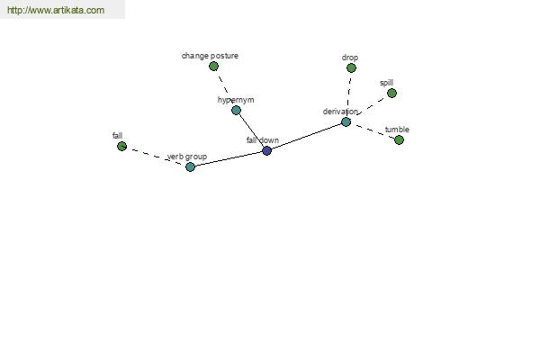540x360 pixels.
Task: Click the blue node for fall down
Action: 267,150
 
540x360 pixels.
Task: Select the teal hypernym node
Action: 236,110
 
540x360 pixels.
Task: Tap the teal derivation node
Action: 346,122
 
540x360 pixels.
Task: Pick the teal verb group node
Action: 190,167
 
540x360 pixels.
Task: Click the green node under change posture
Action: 213,66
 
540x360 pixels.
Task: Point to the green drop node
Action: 351,67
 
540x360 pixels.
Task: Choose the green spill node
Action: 391,93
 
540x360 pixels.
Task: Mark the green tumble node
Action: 399,139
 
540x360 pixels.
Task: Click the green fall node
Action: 121,146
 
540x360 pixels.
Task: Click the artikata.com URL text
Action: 56,10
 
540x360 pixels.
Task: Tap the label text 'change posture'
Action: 210,56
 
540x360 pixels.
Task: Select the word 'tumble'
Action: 397,130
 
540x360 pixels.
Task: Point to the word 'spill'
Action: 386,83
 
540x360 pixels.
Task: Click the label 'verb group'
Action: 187,157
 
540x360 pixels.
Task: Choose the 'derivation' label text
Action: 340,112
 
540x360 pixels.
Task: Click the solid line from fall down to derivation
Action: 307,136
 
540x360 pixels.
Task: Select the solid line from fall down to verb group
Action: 229,158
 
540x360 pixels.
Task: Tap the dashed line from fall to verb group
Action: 156,157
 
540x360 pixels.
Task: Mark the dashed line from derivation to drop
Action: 348,94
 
